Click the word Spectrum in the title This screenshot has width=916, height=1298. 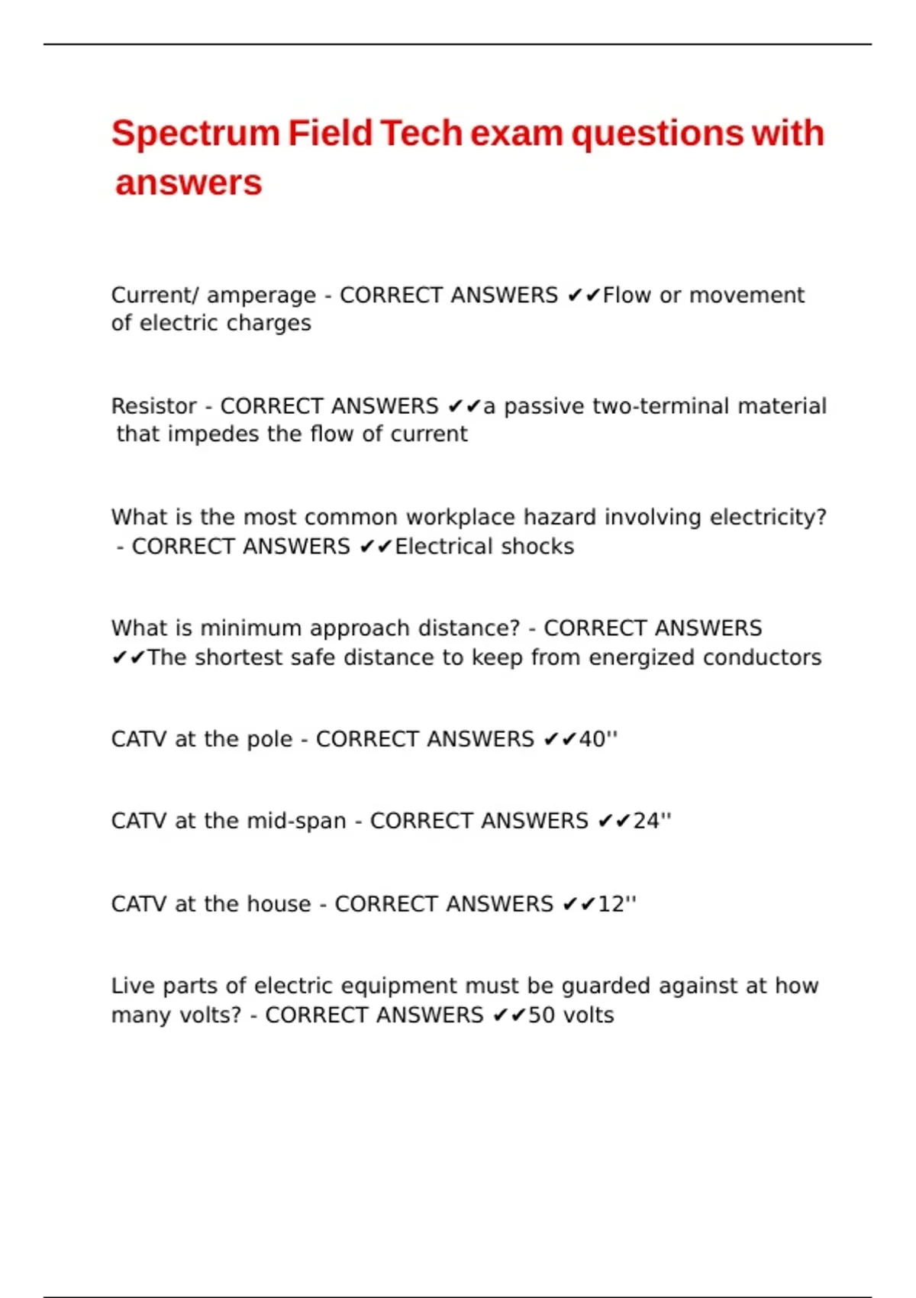click(195, 134)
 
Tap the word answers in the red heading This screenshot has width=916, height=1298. click(189, 183)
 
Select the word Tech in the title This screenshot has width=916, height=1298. click(421, 133)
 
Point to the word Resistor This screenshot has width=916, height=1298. click(154, 406)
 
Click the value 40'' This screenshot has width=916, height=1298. click(598, 739)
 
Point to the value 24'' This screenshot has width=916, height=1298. click(653, 821)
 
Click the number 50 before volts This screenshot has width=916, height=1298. click(541, 1015)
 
